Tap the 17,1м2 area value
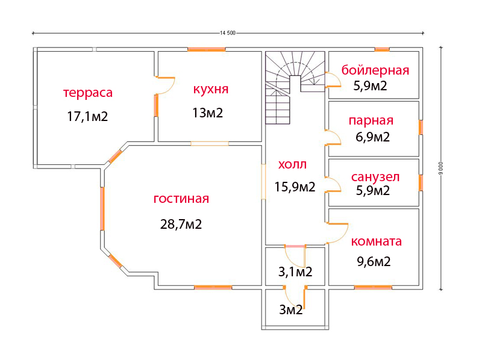[x=87, y=116]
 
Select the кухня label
[x=210, y=90]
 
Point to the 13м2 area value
[x=208, y=113]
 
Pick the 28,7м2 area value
[x=181, y=225]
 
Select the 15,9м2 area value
[x=295, y=187]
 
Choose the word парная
[x=371, y=120]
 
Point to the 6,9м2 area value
[x=373, y=137]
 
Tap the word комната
[x=376, y=241]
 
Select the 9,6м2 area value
[x=371, y=261]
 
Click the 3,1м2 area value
[x=295, y=272]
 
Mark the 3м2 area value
[x=290, y=310]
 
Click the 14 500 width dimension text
[x=228, y=33]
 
